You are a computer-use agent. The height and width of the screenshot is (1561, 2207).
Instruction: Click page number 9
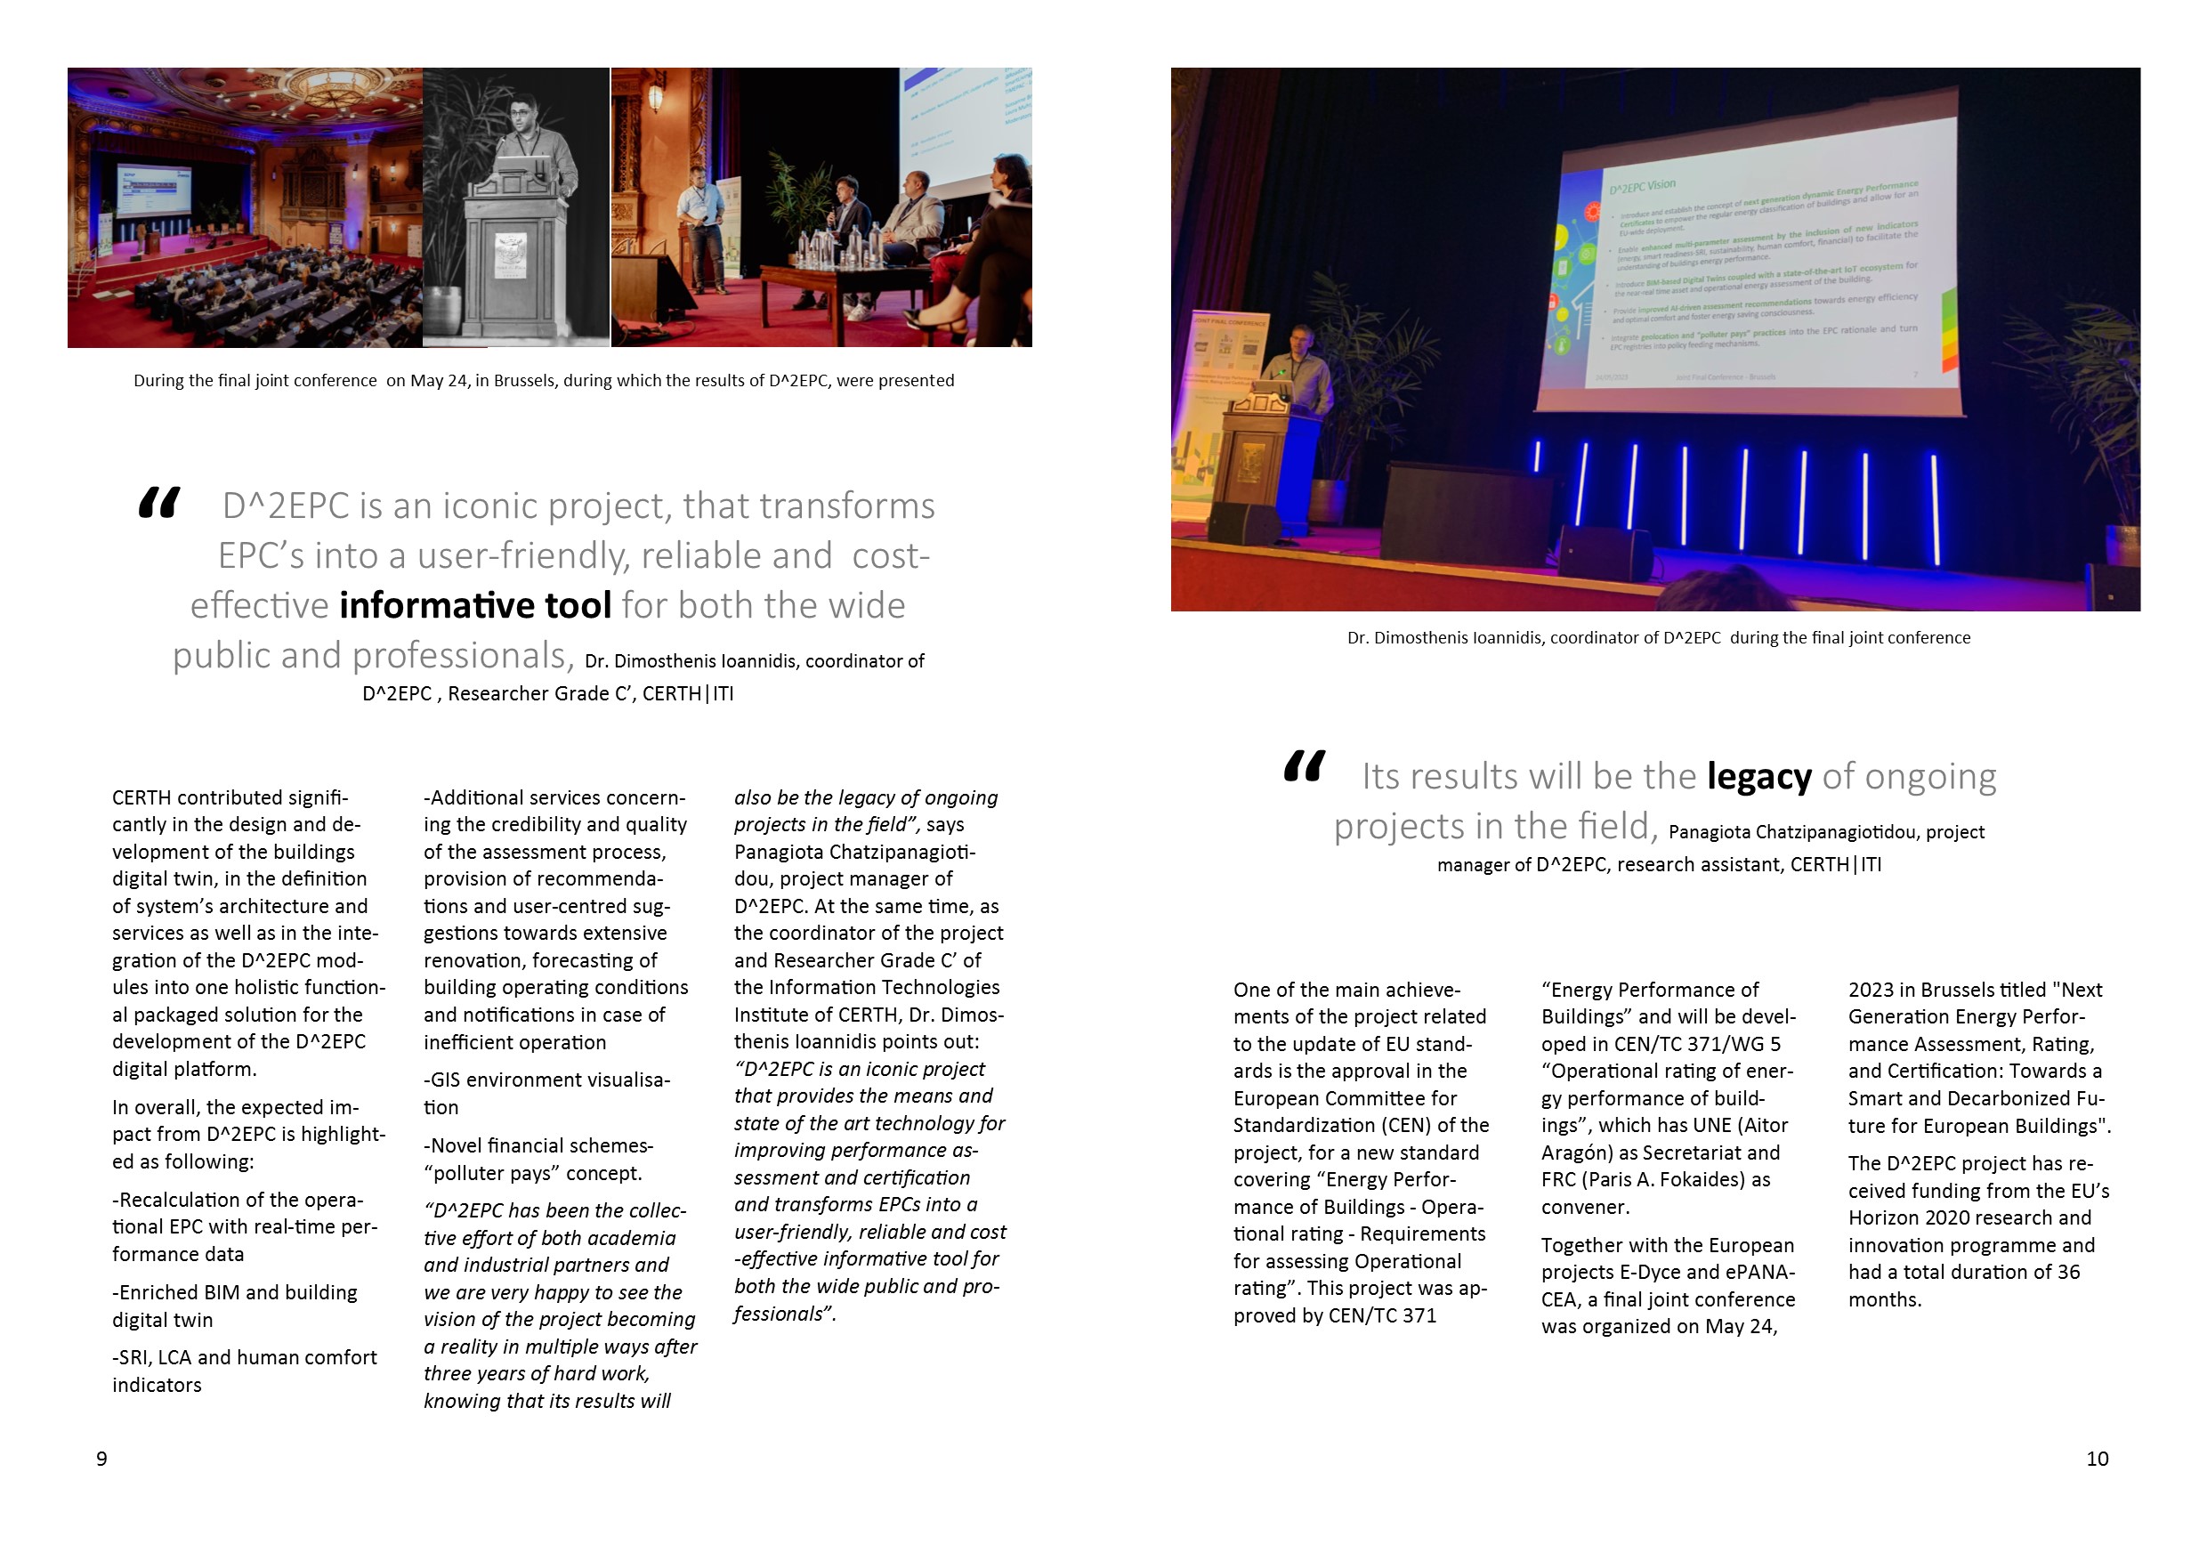(101, 1460)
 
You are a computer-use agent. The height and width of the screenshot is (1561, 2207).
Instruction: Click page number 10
(2097, 1460)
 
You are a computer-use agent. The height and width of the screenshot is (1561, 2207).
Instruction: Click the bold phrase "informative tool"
(475, 605)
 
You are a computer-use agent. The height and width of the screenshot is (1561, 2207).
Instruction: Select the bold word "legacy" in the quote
(1758, 777)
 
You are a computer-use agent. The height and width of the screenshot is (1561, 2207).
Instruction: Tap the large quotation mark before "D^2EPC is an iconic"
(158, 503)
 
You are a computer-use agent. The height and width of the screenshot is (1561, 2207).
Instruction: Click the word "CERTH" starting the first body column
(141, 797)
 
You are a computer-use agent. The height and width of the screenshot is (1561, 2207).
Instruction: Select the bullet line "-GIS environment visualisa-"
(547, 1080)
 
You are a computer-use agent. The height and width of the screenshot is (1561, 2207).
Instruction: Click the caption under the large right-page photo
(1658, 638)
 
